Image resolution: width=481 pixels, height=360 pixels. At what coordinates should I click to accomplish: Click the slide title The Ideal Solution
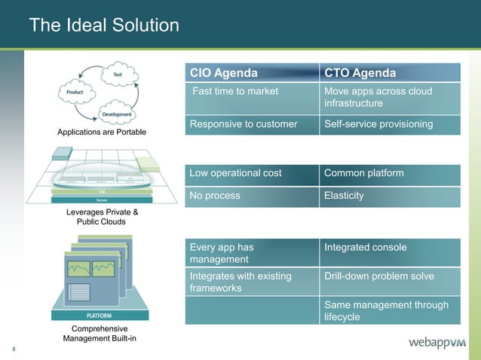(104, 26)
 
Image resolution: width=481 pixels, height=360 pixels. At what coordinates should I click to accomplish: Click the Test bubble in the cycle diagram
(118, 75)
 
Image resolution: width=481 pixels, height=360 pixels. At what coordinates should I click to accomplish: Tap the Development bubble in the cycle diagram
(117, 114)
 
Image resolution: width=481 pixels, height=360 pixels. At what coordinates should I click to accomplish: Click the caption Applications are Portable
(102, 133)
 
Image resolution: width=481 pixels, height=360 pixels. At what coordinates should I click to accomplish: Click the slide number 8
(14, 349)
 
